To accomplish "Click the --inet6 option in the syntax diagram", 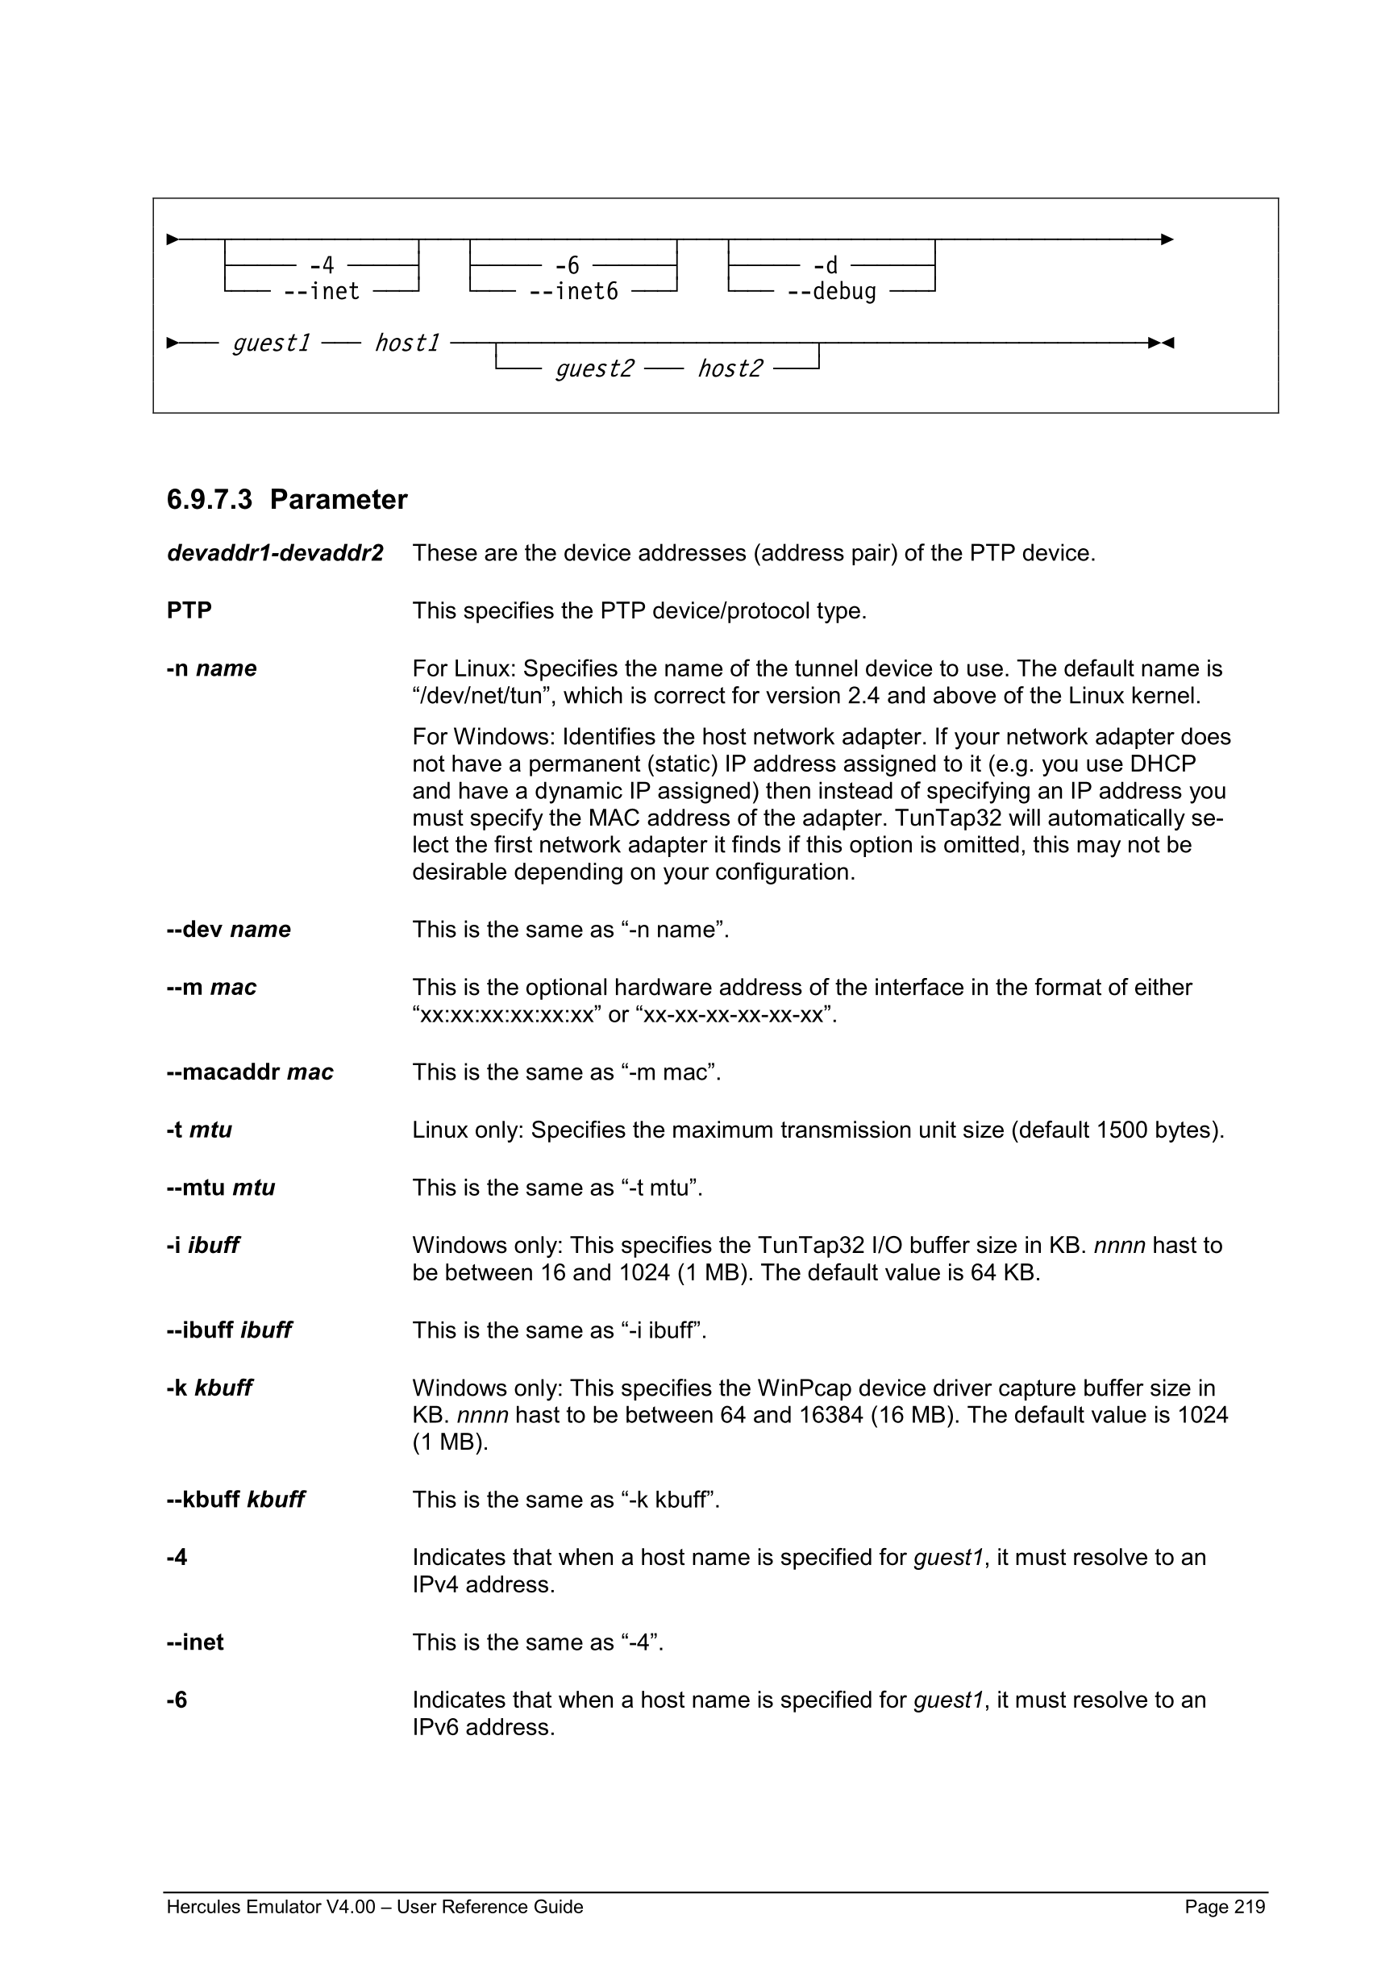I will tap(573, 292).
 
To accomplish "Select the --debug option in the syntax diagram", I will tap(830, 292).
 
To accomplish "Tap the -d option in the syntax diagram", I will tap(825, 265).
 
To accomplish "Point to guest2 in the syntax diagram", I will tap(594, 368).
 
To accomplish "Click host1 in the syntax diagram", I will tap(406, 343).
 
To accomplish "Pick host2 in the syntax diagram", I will tap(729, 368).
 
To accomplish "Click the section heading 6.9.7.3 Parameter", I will tap(287, 499).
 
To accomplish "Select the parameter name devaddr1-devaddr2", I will tap(275, 553).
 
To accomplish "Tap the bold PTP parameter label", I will tap(189, 610).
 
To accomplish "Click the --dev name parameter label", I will tap(228, 929).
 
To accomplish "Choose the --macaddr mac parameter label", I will tap(250, 1072).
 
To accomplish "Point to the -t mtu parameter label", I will tap(199, 1130).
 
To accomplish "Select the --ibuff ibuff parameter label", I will tap(229, 1330).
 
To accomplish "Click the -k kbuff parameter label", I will tap(209, 1388).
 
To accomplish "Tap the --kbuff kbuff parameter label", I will tap(235, 1499).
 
